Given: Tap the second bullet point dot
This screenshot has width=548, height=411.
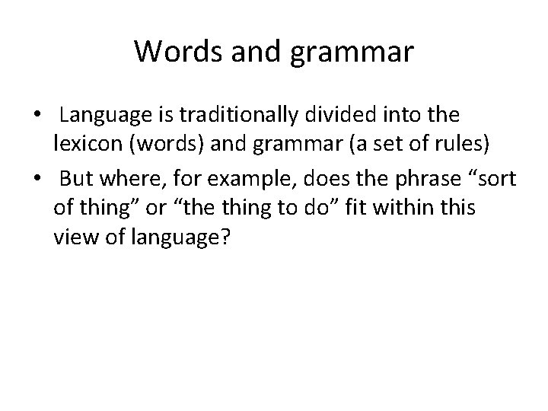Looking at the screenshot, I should pos(36,180).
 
